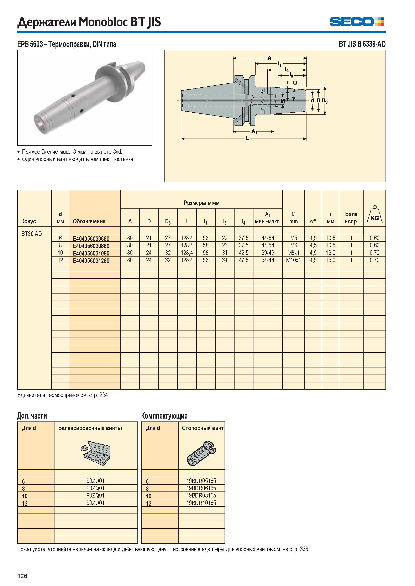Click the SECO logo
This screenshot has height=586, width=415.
pyautogui.click(x=357, y=21)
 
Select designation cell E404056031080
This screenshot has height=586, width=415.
pyautogui.click(x=91, y=253)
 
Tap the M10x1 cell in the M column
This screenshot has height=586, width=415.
pyautogui.click(x=293, y=260)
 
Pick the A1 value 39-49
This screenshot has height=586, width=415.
pyautogui.click(x=268, y=253)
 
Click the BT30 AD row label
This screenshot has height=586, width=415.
pyautogui.click(x=31, y=234)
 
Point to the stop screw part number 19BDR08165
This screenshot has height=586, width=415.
pyautogui.click(x=201, y=495)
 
